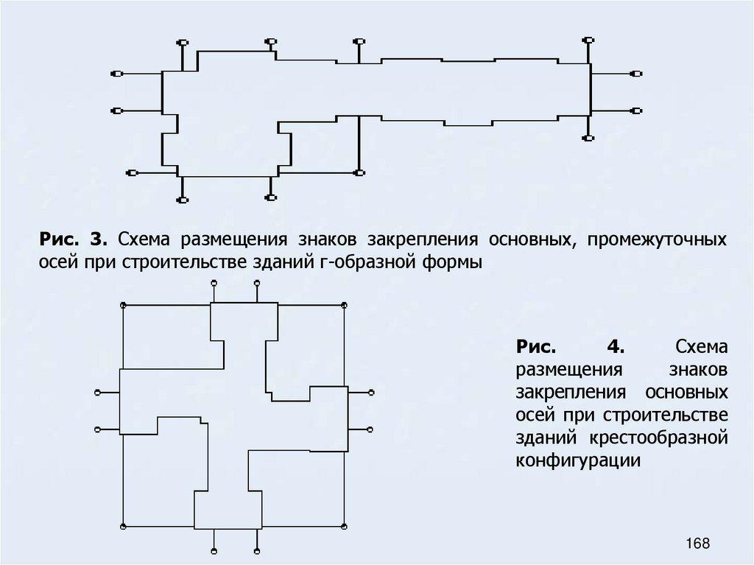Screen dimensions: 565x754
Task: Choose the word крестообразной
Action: pyautogui.click(x=658, y=439)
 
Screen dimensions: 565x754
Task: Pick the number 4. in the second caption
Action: pyautogui.click(x=613, y=346)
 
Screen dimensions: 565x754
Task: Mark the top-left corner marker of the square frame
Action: pyautogui.click(x=123, y=304)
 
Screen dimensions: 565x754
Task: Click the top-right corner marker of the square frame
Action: pyautogui.click(x=345, y=304)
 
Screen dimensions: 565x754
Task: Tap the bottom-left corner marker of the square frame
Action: pyautogui.click(x=123, y=527)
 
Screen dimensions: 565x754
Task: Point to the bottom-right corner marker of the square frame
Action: pyautogui.click(x=345, y=527)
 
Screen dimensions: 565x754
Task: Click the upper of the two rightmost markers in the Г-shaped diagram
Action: pyautogui.click(x=638, y=74)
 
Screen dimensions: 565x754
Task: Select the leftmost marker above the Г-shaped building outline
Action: pyautogui.click(x=183, y=42)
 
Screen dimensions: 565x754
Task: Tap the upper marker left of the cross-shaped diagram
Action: pyautogui.click(x=97, y=393)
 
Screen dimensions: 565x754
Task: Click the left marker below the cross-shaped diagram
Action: pyautogui.click(x=214, y=552)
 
